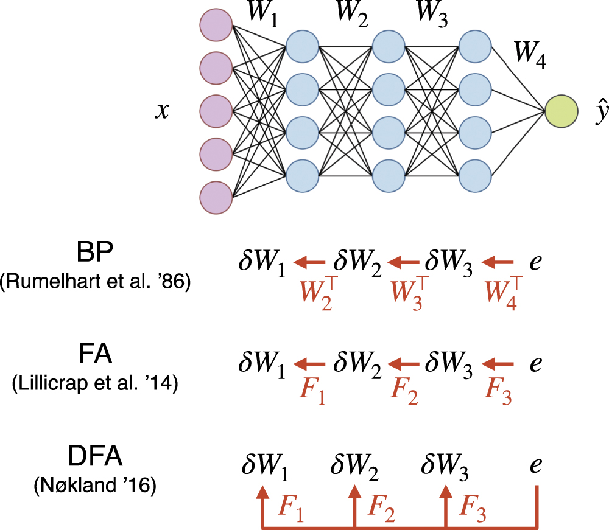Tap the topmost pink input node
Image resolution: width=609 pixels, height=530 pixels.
[x=216, y=25]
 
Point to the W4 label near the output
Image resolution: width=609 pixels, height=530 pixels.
[x=530, y=55]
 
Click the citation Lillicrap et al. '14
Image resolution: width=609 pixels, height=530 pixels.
[x=94, y=385]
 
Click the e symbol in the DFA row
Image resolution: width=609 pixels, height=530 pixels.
[x=536, y=465]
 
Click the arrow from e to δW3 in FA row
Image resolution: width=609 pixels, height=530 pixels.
[x=498, y=364]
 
